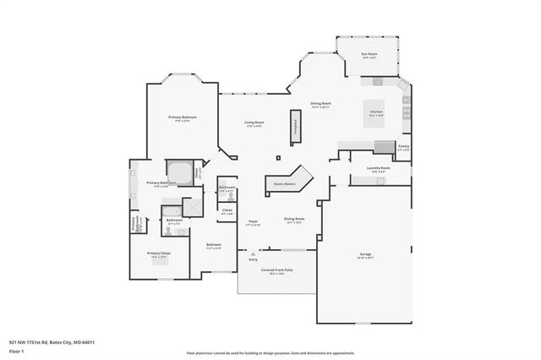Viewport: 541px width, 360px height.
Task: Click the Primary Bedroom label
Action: pyautogui.click(x=183, y=117)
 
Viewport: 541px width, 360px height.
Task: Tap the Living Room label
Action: pyautogui.click(x=254, y=123)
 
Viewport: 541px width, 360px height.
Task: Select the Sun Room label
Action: pyautogui.click(x=370, y=55)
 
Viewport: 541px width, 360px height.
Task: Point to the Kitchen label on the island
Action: pyautogui.click(x=377, y=112)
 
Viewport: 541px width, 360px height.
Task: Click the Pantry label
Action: pyautogui.click(x=403, y=148)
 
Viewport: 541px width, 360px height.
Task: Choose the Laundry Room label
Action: pyautogui.click(x=378, y=168)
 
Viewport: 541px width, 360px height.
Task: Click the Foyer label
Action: pyautogui.click(x=253, y=222)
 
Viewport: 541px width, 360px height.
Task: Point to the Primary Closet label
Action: pyautogui.click(x=159, y=254)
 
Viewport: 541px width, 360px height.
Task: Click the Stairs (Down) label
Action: pyautogui.click(x=284, y=183)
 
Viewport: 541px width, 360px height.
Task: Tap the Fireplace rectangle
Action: pyautogui.click(x=296, y=123)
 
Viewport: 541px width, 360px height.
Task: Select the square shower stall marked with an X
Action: pyautogui.click(x=193, y=208)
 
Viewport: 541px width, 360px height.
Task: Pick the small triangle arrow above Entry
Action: pyautogui.click(x=251, y=253)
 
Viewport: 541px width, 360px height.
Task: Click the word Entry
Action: pyautogui.click(x=252, y=259)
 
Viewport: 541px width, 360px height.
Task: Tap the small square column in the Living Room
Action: pyautogui.click(x=277, y=157)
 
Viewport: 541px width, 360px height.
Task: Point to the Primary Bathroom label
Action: pyautogui.click(x=161, y=183)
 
